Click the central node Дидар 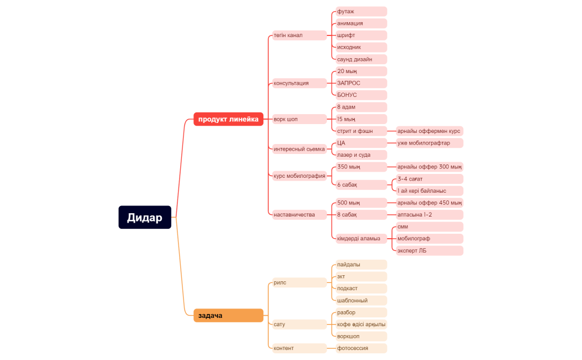coord(145,217)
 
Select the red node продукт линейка coord(228,119)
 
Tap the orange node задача coord(228,316)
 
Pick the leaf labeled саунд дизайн coord(361,59)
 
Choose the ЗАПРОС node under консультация coord(361,83)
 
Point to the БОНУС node coord(361,95)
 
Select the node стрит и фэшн coord(361,131)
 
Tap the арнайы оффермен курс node coord(429,131)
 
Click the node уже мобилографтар coord(429,143)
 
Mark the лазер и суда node coord(361,155)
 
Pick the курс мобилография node coord(299,176)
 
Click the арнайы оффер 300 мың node coord(429,167)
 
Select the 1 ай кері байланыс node coord(429,191)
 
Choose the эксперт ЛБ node coord(429,251)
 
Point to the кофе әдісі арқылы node coord(361,325)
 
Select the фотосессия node coord(361,348)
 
